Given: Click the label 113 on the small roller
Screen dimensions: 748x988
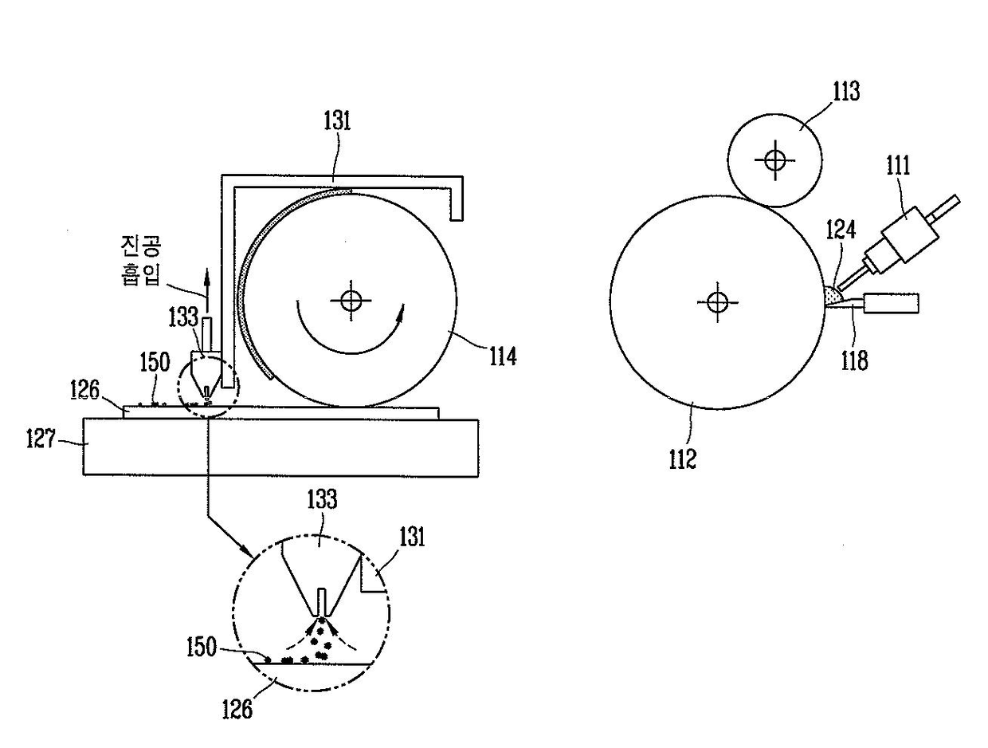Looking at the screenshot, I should (846, 92).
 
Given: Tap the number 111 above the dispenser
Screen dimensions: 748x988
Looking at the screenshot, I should (898, 166).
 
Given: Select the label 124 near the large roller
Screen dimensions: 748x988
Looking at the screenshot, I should (841, 230).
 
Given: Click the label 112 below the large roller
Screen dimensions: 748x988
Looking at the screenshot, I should (683, 459).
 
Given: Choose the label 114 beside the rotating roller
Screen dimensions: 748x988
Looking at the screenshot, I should (503, 356).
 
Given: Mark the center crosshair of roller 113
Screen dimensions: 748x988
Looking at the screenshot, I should (774, 159).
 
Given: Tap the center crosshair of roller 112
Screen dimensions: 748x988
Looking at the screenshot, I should (717, 301).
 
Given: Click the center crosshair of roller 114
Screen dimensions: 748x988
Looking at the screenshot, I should (351, 301).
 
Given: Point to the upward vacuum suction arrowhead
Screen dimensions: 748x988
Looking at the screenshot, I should (206, 276).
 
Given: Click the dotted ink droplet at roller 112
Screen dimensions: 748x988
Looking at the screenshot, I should (833, 297).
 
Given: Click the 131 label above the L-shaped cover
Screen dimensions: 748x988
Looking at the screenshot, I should (337, 121).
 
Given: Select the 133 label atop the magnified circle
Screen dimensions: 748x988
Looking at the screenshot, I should (320, 500).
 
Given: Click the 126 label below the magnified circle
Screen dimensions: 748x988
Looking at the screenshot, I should (238, 708).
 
